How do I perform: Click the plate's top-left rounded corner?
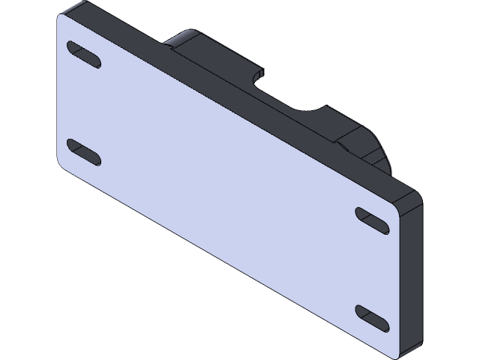[61, 20]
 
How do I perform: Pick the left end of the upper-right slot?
[361, 213]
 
